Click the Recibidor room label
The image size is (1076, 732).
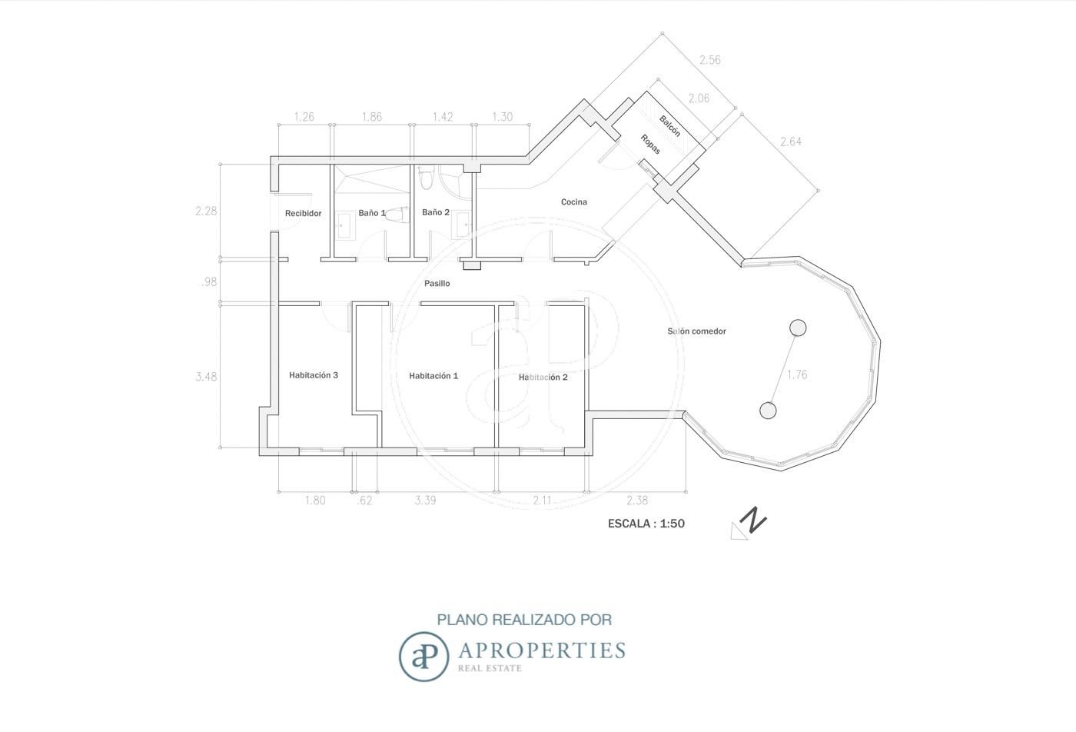coord(303,214)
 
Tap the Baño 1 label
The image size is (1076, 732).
coord(372,213)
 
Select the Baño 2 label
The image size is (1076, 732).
coord(436,212)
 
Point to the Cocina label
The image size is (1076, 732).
coord(574,202)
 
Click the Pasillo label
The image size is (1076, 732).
coord(437,284)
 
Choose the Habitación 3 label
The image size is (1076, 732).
coord(314,375)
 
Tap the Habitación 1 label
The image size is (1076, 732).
coord(433,376)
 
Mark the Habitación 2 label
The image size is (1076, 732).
coord(543,378)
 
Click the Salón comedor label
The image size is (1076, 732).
coord(696,331)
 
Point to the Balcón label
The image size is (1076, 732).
coord(669,126)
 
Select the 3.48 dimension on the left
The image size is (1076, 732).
coord(206,377)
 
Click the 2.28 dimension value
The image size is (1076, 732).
coord(206,211)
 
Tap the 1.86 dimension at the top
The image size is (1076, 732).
coord(372,117)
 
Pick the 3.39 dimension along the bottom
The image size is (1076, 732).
coord(425,501)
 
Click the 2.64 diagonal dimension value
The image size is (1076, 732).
coord(791,141)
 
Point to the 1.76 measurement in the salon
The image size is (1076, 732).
coord(797,374)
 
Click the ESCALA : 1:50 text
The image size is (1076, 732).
coord(646,524)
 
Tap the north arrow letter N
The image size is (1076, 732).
coord(752,520)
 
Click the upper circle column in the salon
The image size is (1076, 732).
coord(798,328)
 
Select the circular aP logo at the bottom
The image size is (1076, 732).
coord(423,657)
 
